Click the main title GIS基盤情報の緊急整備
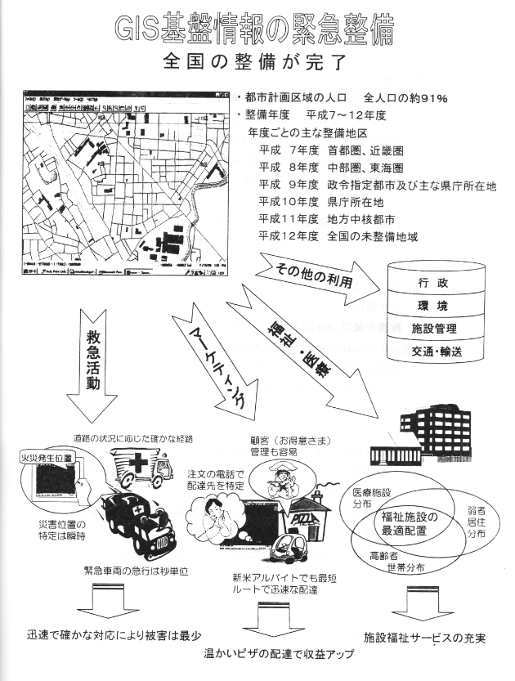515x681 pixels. pyautogui.click(x=256, y=29)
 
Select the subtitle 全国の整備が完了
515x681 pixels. pyautogui.click(x=256, y=63)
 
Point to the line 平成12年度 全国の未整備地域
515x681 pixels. pyautogui.click(x=338, y=236)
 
